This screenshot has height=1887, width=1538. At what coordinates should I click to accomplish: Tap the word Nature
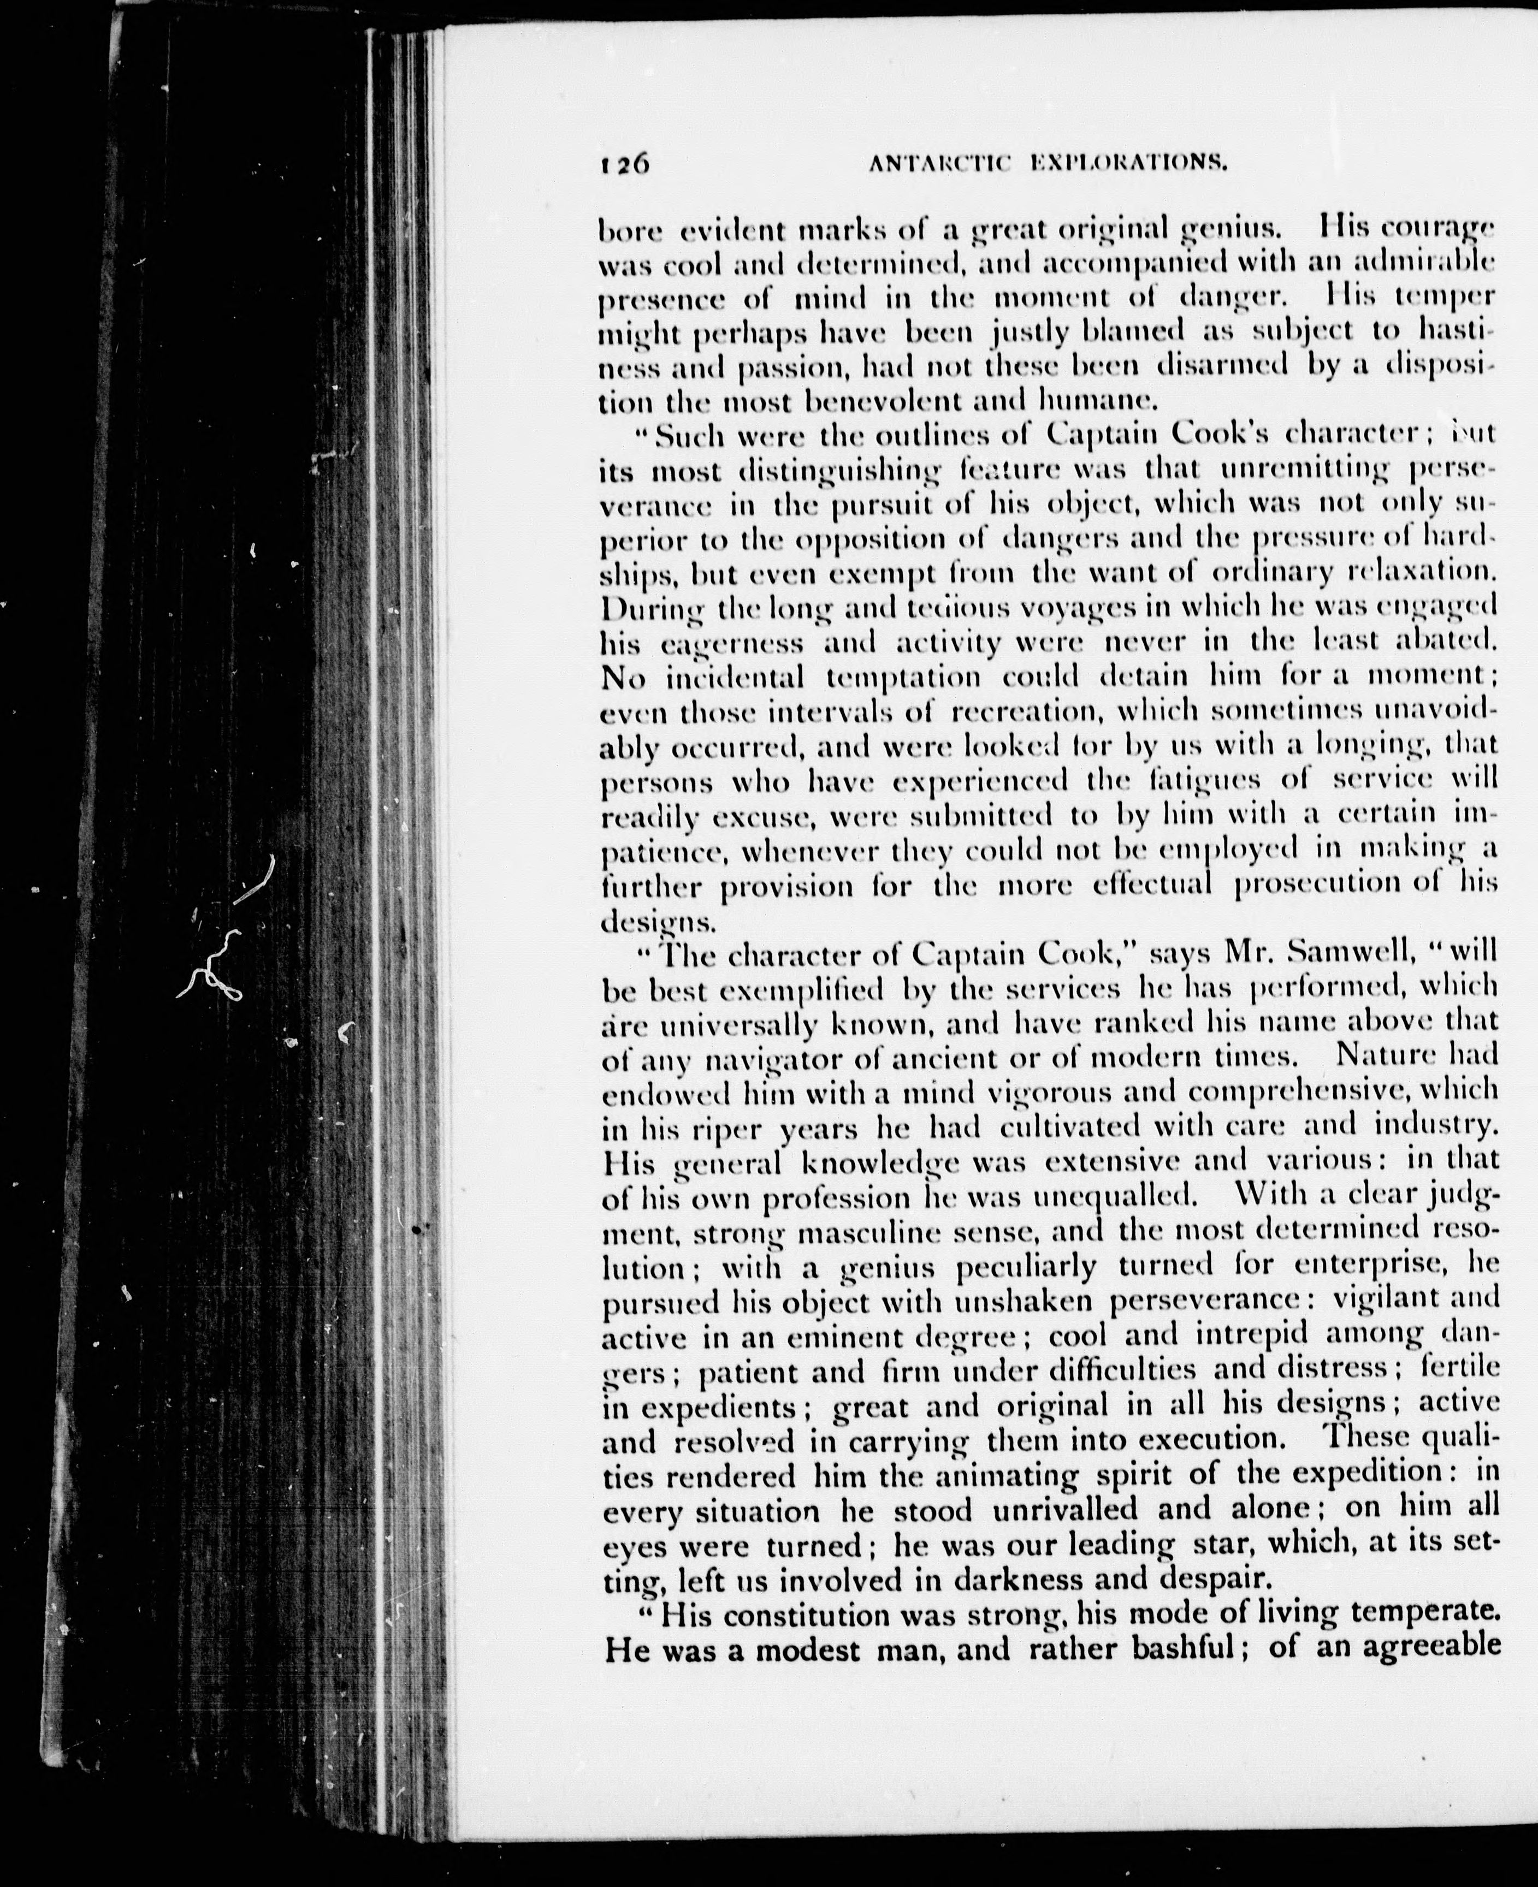coord(1392,1055)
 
